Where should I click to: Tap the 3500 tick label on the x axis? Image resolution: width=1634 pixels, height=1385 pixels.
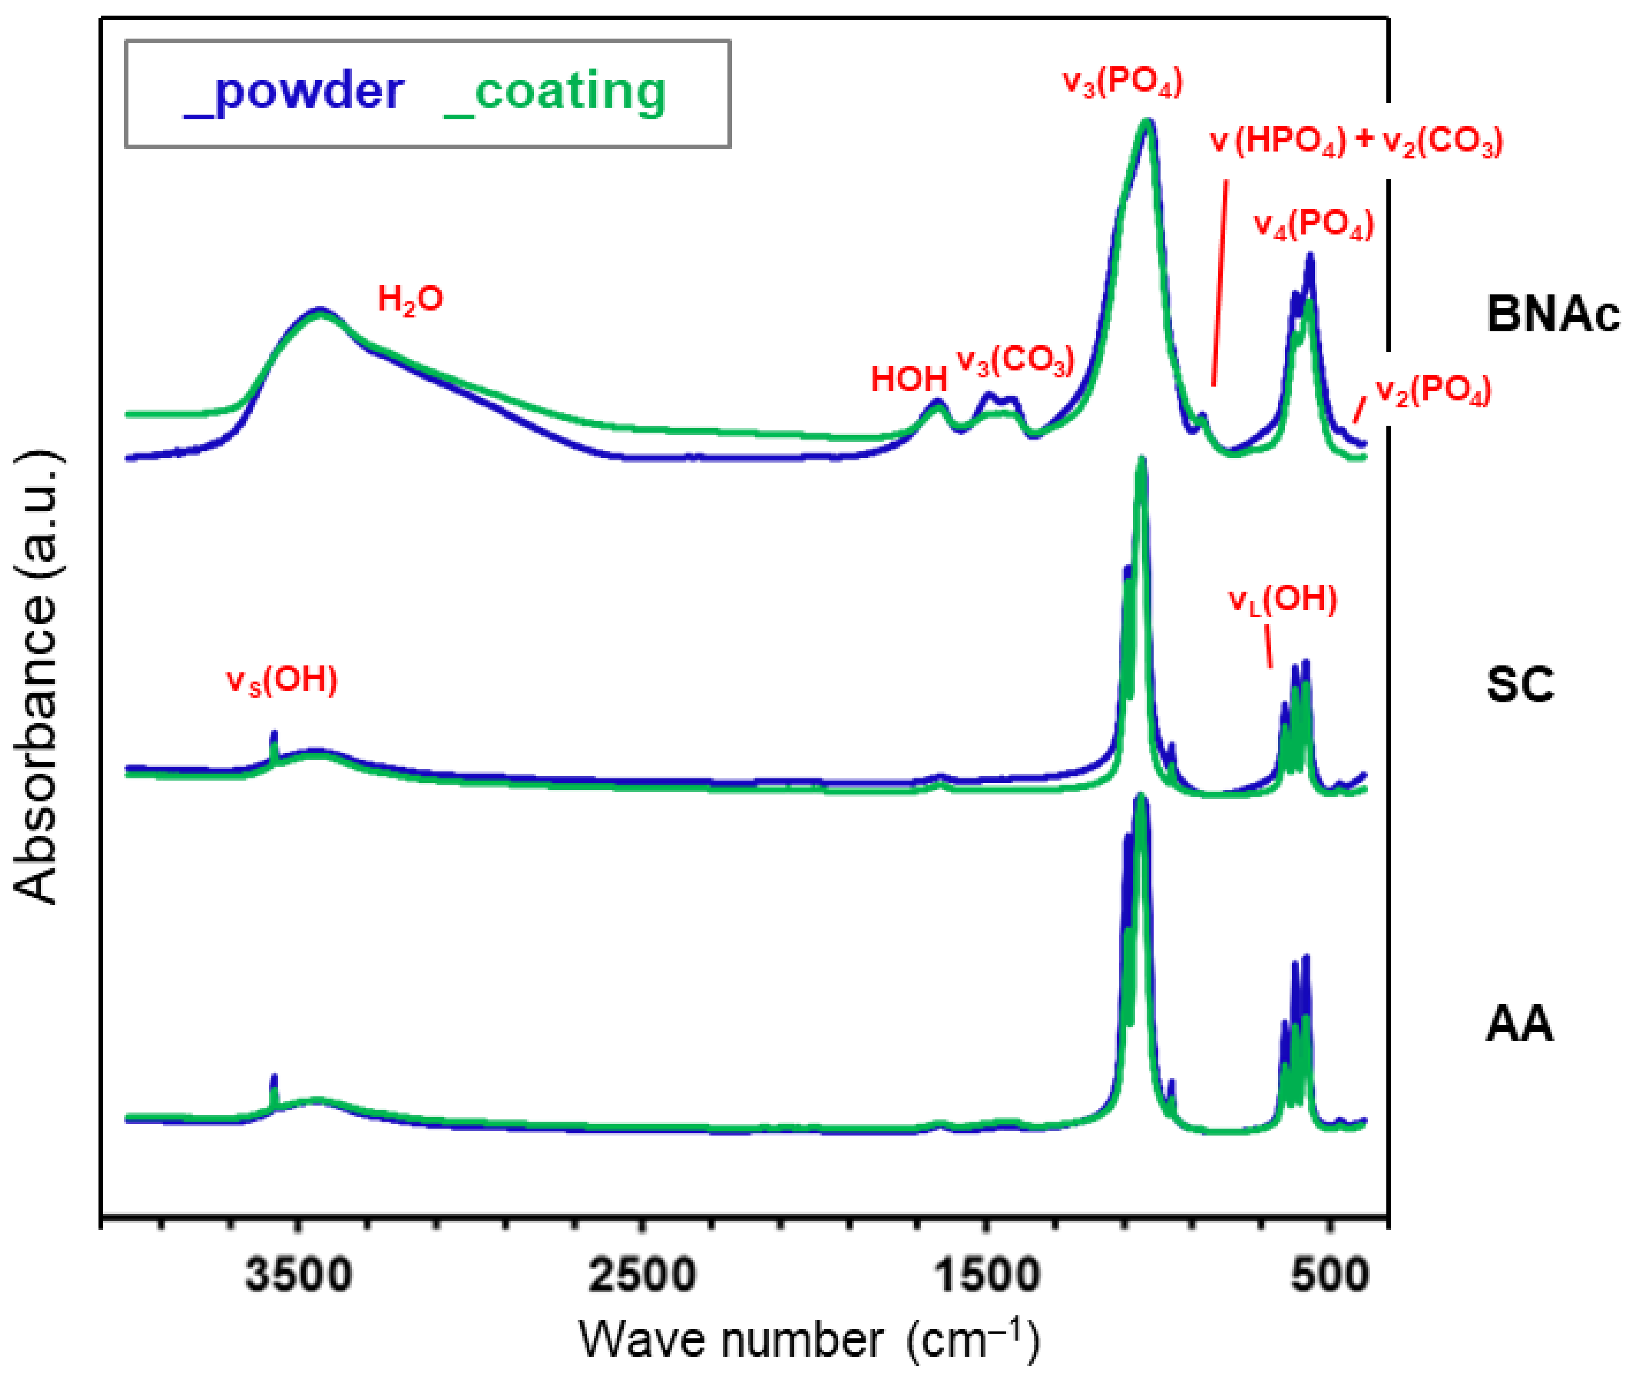click(298, 1275)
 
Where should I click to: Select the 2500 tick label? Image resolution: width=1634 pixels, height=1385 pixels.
click(642, 1275)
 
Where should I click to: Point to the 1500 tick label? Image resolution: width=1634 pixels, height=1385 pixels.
click(987, 1275)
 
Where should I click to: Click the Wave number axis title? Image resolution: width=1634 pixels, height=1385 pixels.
click(809, 1339)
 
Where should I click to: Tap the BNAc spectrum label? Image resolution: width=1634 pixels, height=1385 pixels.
click(1552, 314)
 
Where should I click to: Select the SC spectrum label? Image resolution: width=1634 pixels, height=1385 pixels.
click(1519, 684)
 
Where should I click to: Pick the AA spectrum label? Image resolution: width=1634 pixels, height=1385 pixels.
click(1519, 1024)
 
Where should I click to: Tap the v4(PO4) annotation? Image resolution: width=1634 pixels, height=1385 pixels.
click(1314, 225)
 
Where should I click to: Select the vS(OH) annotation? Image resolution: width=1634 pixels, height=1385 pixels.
click(282, 680)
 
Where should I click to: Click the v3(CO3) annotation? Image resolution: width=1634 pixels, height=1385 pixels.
click(1015, 361)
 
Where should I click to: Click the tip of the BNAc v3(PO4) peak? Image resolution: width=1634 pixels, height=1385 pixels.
click(1147, 123)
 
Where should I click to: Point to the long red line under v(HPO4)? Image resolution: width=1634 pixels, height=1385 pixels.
click(1220, 283)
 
